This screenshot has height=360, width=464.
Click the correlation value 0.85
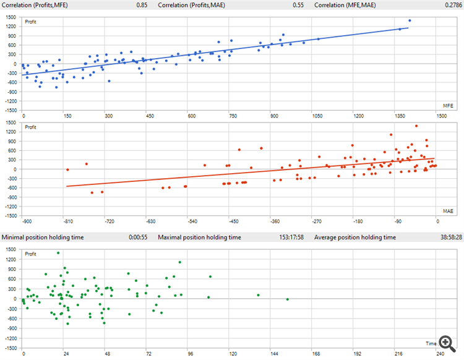pos(142,5)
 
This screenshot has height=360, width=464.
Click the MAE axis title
pos(449,212)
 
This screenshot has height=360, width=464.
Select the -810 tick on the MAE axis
pos(67,221)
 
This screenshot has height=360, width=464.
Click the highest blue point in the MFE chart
pos(410,20)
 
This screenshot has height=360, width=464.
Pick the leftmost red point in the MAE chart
pos(67,169)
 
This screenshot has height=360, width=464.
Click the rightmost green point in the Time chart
pos(288,299)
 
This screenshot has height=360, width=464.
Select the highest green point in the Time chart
pos(58,253)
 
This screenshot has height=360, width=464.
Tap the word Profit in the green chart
pos(32,254)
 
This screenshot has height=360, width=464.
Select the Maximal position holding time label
pos(199,237)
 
